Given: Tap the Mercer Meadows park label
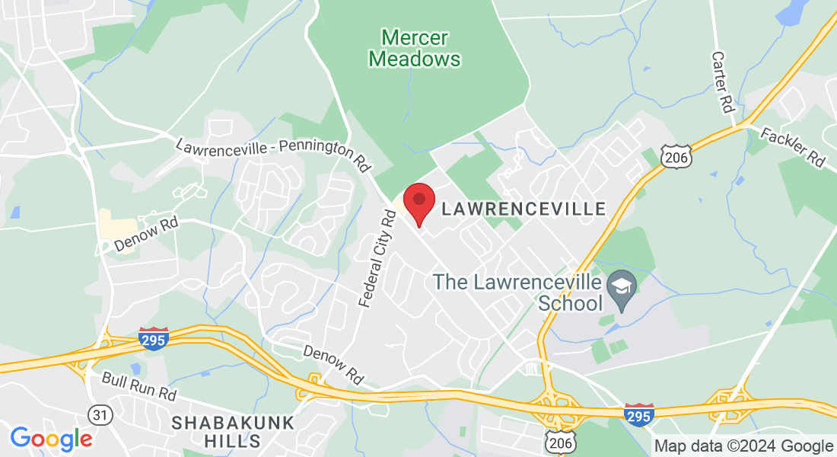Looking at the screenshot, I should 415,48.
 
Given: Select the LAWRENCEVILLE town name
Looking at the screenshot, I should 524,209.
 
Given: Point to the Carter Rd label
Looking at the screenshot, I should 722,82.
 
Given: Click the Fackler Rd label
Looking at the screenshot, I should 793,147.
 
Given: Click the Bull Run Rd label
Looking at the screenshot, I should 140,388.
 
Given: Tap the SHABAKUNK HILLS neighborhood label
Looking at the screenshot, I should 216,431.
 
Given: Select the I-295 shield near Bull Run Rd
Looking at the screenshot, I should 154,339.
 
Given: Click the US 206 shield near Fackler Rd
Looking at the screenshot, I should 675,155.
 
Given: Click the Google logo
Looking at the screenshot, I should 51,439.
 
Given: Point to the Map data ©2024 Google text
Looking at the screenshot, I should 743,446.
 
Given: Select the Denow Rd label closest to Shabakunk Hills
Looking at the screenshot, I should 333,364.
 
